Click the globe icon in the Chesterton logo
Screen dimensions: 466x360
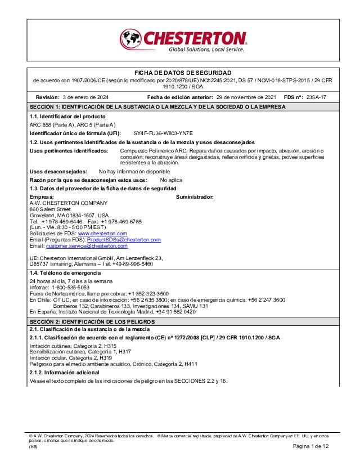coord(130,39)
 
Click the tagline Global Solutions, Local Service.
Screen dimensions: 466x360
coord(206,50)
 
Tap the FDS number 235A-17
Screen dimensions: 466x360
coord(316,97)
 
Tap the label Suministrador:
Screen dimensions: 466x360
coord(195,197)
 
